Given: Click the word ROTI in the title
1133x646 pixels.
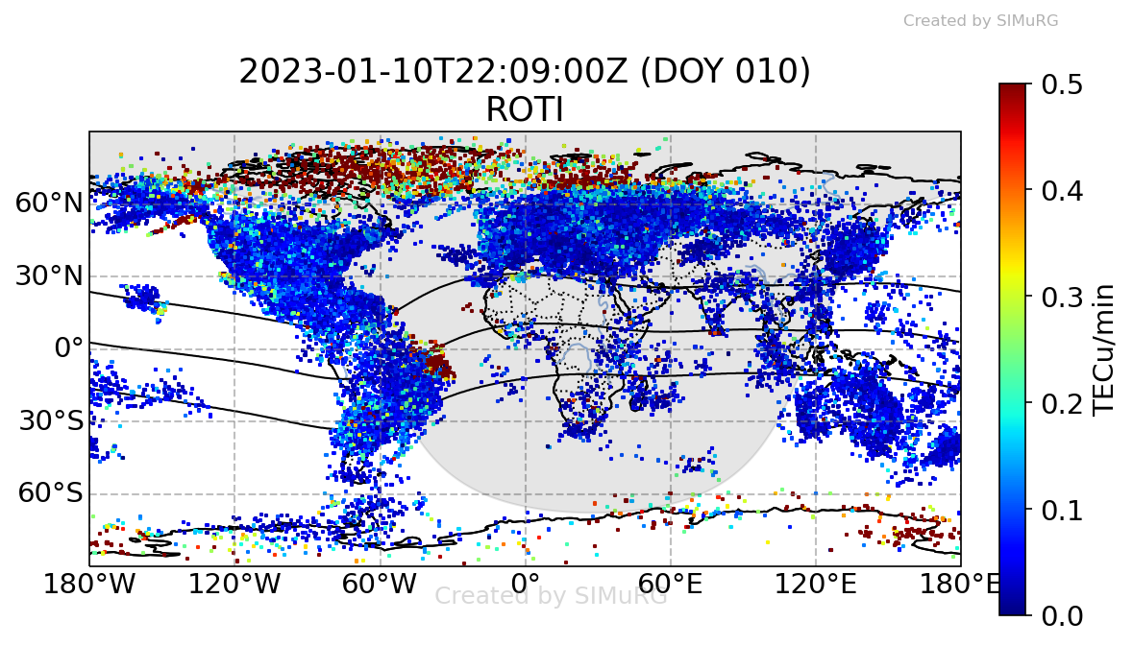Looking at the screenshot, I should tap(524, 110).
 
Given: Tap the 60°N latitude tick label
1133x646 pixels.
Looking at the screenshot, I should tap(49, 203).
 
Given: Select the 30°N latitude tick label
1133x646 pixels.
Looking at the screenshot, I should tap(49, 275).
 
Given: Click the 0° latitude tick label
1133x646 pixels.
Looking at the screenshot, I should tap(69, 347).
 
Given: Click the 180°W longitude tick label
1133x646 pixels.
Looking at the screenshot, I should tap(89, 584).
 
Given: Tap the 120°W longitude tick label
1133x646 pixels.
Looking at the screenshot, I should tap(234, 584).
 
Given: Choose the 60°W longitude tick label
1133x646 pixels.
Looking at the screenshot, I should tap(381, 584).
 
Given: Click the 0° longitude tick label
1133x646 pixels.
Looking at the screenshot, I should tap(526, 584).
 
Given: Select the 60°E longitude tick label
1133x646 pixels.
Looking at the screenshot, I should tap(670, 584).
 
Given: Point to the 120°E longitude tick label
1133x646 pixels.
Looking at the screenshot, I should tap(816, 584).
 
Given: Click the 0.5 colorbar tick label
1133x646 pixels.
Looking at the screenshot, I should tap(1061, 84).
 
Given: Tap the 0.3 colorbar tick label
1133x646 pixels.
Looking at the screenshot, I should tap(1061, 297).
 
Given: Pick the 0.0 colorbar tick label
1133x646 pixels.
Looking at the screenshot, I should tap(1061, 614).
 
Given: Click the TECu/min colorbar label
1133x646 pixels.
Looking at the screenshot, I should tap(1105, 349).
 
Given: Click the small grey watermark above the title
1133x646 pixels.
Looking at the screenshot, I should tap(980, 20).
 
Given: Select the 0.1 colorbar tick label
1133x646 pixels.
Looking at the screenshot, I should tap(1061, 509).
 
